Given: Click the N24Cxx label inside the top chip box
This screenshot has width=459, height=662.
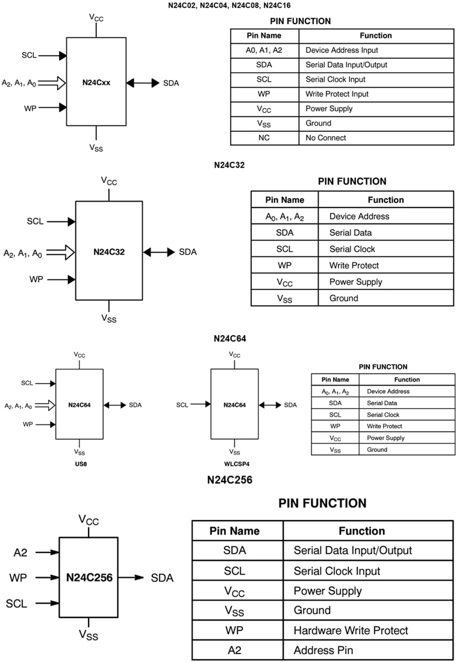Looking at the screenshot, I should point(96,82).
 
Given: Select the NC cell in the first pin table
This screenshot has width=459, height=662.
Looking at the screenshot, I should point(264,138).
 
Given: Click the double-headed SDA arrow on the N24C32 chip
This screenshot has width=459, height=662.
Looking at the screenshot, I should point(158,252).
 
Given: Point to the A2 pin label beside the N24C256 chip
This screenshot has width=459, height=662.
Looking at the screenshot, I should point(20,552).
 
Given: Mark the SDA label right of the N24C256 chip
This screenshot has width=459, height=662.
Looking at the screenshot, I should point(162,578).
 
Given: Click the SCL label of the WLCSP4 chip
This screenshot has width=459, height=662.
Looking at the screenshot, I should point(182,405).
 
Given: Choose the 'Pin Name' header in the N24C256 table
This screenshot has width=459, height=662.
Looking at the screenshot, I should point(234,531).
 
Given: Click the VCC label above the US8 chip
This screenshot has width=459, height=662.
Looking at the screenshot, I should point(80,355).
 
